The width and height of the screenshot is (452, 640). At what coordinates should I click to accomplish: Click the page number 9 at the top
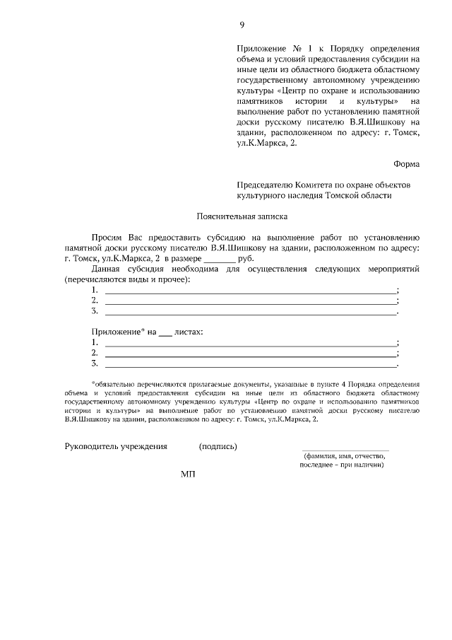[242, 25]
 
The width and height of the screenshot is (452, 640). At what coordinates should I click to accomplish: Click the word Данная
[107, 269]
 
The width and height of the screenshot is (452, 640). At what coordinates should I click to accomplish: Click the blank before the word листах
[165, 332]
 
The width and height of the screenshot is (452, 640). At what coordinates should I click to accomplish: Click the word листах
[189, 331]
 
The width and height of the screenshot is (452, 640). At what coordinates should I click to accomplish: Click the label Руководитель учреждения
[116, 446]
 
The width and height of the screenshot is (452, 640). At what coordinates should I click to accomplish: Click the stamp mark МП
[187, 474]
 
